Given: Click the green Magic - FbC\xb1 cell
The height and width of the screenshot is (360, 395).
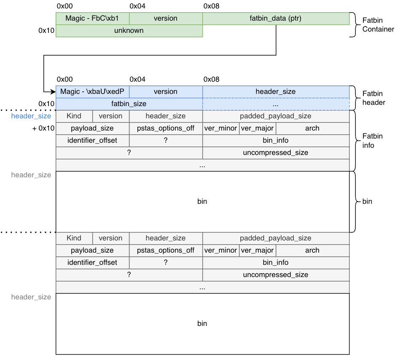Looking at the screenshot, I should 92,19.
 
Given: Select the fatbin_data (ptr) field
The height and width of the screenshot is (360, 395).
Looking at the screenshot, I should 276,19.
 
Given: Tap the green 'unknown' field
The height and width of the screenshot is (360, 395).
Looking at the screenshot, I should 129,31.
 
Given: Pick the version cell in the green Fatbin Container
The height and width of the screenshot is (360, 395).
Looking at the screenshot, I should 166,19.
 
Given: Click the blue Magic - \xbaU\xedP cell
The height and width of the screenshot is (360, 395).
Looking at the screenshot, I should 92,92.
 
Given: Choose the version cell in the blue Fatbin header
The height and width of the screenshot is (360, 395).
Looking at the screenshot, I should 166,92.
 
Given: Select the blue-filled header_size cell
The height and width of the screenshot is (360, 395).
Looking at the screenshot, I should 276,92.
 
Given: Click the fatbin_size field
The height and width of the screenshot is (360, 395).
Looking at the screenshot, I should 129,104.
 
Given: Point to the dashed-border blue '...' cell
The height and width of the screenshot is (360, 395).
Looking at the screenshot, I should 276,104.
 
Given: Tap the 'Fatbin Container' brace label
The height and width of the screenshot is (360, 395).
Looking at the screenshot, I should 378,24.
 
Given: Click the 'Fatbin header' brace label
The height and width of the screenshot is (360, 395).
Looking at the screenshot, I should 374,98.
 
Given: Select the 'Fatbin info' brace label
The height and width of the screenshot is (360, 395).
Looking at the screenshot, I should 373,141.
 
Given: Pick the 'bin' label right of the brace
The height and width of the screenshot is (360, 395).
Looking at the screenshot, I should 367,202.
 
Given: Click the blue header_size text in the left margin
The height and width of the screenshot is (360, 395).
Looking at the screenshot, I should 31,116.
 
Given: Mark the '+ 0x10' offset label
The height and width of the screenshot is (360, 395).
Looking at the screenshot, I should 43,128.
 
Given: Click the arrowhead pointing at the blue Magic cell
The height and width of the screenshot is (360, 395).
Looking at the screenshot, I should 53,92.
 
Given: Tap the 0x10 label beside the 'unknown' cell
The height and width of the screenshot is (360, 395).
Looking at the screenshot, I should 46,31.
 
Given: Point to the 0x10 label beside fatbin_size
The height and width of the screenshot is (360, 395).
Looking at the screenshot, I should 46,104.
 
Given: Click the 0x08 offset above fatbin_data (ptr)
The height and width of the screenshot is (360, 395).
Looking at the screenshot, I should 211,6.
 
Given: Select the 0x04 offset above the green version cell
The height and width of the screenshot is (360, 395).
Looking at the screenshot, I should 137,6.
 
